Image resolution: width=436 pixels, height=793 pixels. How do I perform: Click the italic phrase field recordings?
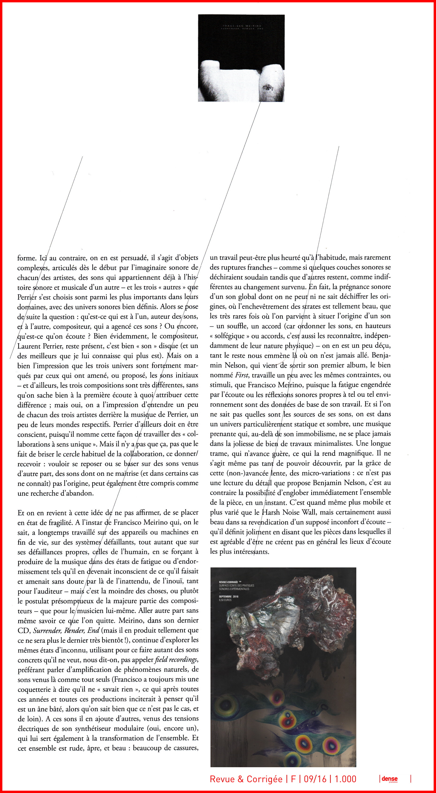[176, 660]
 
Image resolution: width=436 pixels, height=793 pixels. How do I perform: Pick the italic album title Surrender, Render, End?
[66, 630]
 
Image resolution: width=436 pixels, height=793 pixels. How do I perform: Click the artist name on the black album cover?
[241, 26]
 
